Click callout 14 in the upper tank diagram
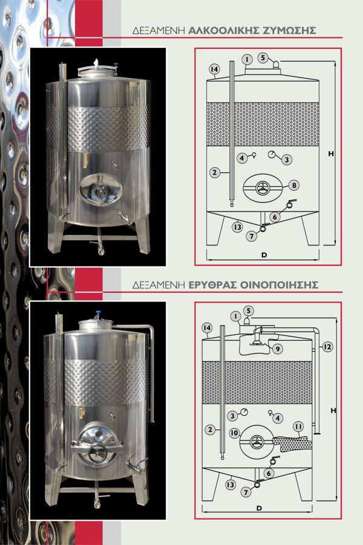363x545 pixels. coord(214,69)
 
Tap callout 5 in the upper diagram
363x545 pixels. coord(263,57)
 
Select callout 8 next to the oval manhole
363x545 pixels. coord(294,185)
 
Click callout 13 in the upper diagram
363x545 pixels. coord(238,227)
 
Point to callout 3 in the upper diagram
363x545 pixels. coord(286,160)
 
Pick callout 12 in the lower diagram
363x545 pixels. coord(327,347)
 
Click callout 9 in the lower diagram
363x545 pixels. coord(277,349)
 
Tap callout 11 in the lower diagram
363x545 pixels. coord(298,427)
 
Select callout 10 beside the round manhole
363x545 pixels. coord(235,433)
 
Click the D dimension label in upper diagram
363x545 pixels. coord(264,255)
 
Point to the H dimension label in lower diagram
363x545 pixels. coord(333,410)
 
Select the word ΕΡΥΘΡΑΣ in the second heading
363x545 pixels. coord(212,285)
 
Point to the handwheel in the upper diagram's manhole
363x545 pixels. coord(263,188)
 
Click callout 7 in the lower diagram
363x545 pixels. coord(246,492)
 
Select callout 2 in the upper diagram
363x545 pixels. coord(215,172)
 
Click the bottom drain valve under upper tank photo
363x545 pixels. coord(100,248)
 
